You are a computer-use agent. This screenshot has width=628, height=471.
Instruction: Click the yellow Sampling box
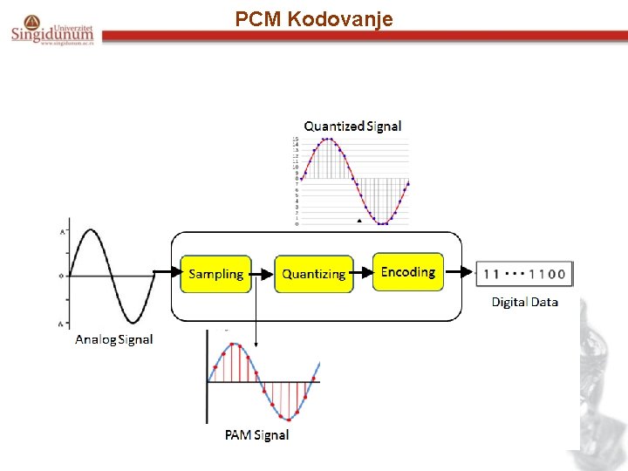(x=215, y=274)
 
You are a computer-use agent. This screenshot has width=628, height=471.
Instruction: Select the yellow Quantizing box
(x=314, y=274)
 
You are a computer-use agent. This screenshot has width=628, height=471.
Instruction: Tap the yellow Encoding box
(x=408, y=272)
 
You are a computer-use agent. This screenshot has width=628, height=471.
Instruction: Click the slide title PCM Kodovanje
(x=314, y=18)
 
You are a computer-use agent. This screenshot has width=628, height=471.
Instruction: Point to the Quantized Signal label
(x=352, y=126)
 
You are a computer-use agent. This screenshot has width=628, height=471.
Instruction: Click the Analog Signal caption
(x=114, y=339)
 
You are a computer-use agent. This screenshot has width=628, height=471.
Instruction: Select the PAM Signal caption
(x=256, y=434)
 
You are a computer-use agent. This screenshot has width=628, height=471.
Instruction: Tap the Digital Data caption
(x=524, y=302)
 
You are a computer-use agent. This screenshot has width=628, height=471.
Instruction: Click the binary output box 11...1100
(x=525, y=273)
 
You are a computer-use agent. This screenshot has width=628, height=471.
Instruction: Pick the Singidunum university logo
(x=52, y=30)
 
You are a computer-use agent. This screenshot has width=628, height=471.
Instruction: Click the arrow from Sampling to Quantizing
(x=263, y=274)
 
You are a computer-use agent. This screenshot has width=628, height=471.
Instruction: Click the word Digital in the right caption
(x=509, y=302)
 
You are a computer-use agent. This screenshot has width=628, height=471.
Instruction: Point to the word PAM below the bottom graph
(x=237, y=434)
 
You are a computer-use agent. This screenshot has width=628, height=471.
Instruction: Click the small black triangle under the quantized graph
(x=358, y=222)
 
